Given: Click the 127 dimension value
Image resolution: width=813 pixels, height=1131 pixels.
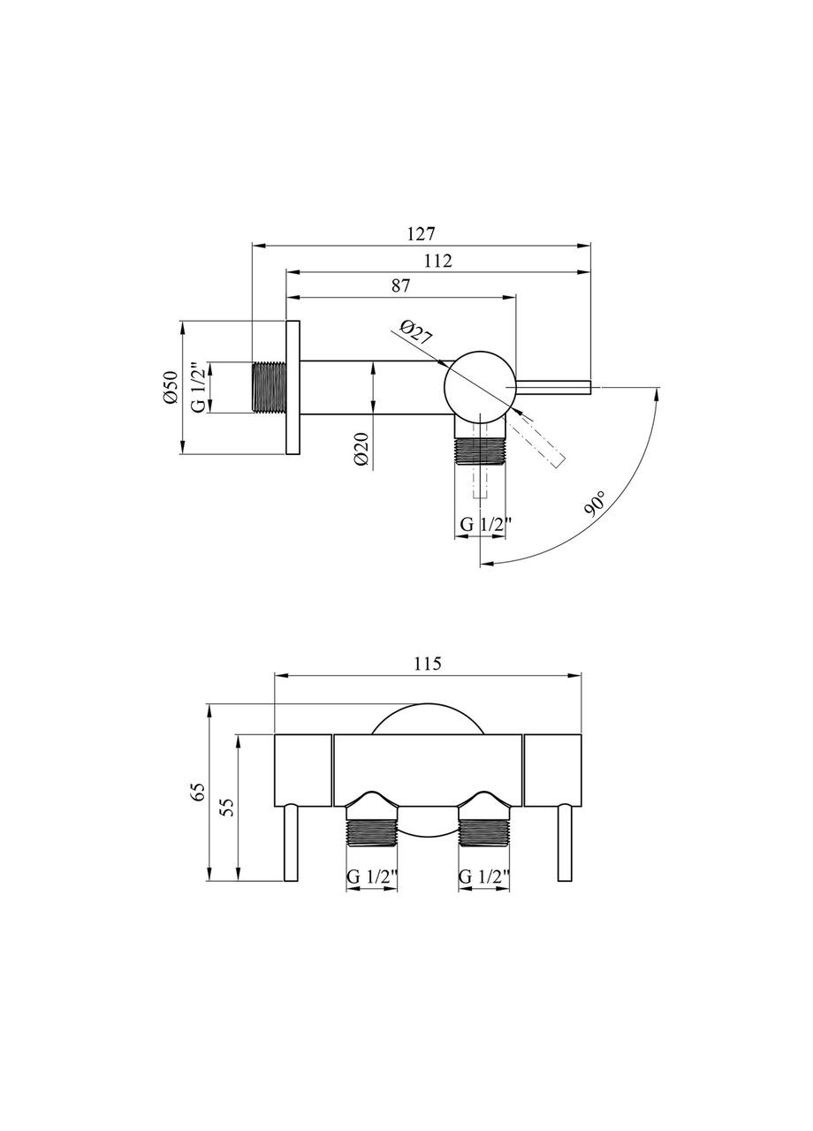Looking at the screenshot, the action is (421, 234).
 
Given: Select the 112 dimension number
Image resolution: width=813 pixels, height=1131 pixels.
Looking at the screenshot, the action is (437, 261).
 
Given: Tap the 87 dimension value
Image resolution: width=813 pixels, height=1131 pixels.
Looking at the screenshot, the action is (400, 285).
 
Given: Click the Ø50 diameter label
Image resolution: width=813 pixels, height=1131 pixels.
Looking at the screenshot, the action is (171, 387).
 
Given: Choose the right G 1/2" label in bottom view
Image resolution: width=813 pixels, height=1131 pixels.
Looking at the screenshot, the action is (483, 877).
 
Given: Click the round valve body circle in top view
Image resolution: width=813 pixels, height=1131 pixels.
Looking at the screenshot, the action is (479, 387).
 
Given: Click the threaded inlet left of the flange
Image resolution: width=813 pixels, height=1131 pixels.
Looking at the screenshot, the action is (269, 387).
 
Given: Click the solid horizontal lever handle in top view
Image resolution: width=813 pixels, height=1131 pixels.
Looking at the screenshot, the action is (552, 387).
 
